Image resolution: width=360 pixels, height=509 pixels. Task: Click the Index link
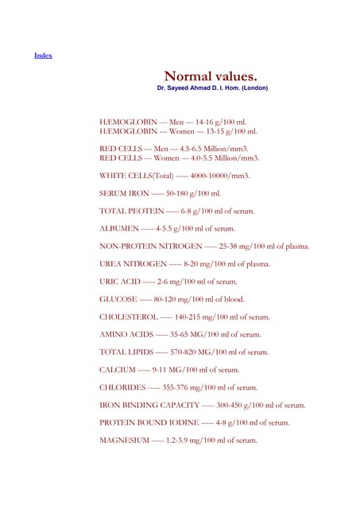tap(43, 55)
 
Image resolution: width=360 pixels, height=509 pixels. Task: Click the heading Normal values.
tap(210, 76)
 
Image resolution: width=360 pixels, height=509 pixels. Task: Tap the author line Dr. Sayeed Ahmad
tap(212, 88)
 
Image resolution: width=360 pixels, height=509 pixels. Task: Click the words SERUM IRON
tap(123, 193)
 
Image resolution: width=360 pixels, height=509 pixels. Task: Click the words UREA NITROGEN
tap(133, 264)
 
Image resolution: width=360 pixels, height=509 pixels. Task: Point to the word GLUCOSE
tap(116, 300)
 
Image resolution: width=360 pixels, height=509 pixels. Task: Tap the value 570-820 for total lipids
tap(185, 352)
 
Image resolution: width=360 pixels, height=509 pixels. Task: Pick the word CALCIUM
tap(117, 370)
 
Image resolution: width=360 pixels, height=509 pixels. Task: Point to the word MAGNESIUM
tap(123, 441)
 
